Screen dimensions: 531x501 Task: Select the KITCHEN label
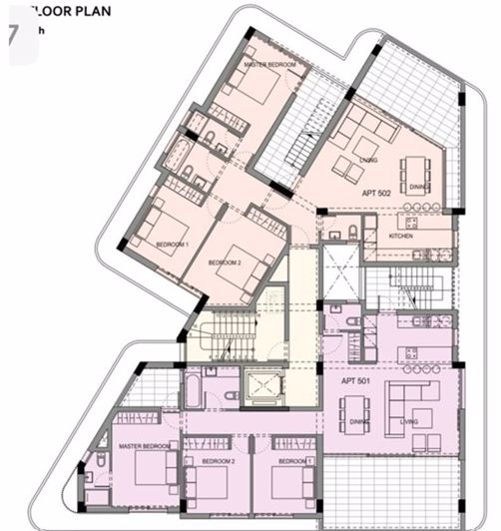(x=402, y=236)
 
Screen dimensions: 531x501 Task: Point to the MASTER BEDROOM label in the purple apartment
(x=142, y=446)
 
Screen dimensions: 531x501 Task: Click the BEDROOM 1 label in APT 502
(x=172, y=244)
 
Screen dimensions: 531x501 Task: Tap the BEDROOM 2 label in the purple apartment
(x=218, y=462)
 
